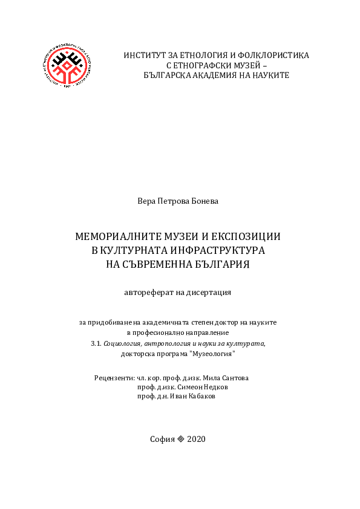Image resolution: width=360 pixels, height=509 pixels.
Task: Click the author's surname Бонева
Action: [205, 201]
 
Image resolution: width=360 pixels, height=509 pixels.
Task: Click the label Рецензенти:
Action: [114, 378]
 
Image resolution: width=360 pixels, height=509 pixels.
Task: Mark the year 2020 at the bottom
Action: [197, 439]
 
